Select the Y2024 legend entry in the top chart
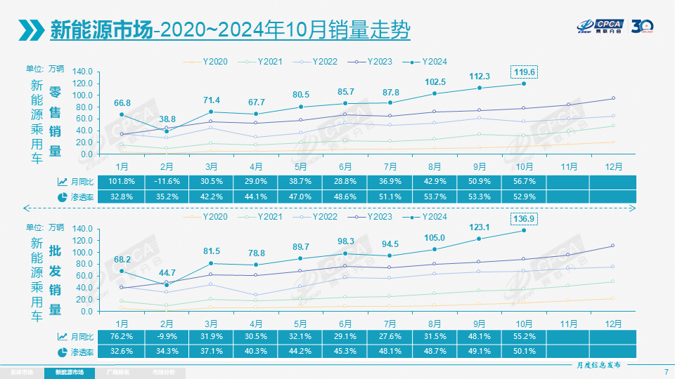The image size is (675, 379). point(430,62)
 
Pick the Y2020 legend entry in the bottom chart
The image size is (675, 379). point(210,217)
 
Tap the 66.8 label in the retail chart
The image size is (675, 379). point(122,103)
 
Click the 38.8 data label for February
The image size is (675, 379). point(167,119)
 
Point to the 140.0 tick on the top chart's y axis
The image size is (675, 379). point(82,72)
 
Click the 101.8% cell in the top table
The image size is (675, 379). point(122,181)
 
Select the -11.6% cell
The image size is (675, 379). point(167,181)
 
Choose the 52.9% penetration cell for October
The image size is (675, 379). point(524,196)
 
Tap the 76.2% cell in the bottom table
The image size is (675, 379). point(122,337)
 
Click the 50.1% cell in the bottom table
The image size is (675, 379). point(524,351)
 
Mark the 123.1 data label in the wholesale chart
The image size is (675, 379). point(479,227)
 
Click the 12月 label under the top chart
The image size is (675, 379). point(613,167)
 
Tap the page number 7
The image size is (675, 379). point(665,371)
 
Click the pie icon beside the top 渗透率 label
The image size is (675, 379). point(61,197)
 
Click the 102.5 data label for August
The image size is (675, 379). point(435,81)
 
